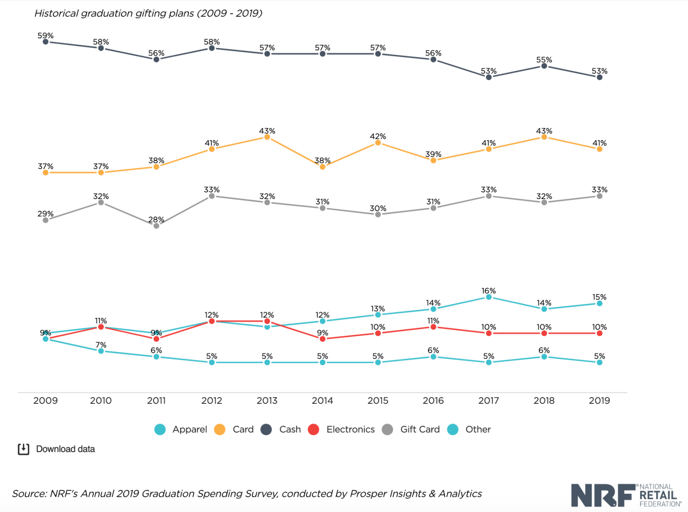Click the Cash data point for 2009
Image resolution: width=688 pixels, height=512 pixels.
(x=45, y=42)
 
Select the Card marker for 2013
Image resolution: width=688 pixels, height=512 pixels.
(x=267, y=137)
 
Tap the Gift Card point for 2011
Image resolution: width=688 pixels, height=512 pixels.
(x=156, y=226)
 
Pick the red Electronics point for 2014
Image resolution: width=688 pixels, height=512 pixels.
(x=323, y=339)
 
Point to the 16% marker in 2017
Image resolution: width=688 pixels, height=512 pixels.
(x=489, y=297)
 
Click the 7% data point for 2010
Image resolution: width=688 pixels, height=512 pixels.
(x=101, y=351)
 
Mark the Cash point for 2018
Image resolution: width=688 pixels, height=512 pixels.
(x=544, y=66)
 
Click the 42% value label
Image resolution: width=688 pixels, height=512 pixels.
(x=378, y=136)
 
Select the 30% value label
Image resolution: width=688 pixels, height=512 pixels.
(x=378, y=208)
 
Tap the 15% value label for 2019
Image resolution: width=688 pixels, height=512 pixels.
(x=599, y=297)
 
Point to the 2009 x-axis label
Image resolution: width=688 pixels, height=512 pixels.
(x=45, y=401)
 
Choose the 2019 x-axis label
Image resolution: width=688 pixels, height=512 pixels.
(x=599, y=401)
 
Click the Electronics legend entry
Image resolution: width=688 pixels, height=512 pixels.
(x=341, y=429)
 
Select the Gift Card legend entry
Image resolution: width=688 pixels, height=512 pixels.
(x=411, y=429)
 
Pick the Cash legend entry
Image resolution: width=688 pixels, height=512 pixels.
(x=281, y=429)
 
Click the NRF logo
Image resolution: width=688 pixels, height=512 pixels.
(x=626, y=495)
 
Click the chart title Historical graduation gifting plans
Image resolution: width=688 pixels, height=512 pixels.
(x=148, y=13)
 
